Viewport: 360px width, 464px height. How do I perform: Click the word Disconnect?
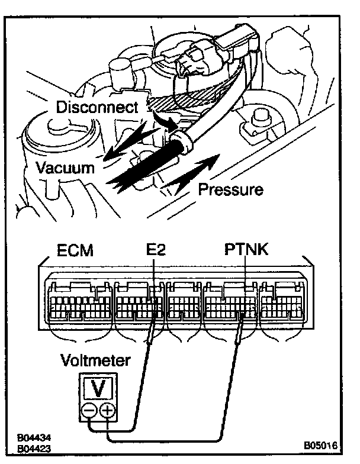click(x=97, y=107)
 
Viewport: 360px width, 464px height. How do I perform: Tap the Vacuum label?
click(x=65, y=167)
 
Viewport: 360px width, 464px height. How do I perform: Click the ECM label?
click(x=75, y=251)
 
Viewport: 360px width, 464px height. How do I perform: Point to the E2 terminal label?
click(x=155, y=251)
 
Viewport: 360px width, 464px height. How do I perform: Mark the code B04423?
click(x=33, y=448)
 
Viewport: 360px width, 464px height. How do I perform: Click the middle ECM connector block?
click(x=184, y=304)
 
